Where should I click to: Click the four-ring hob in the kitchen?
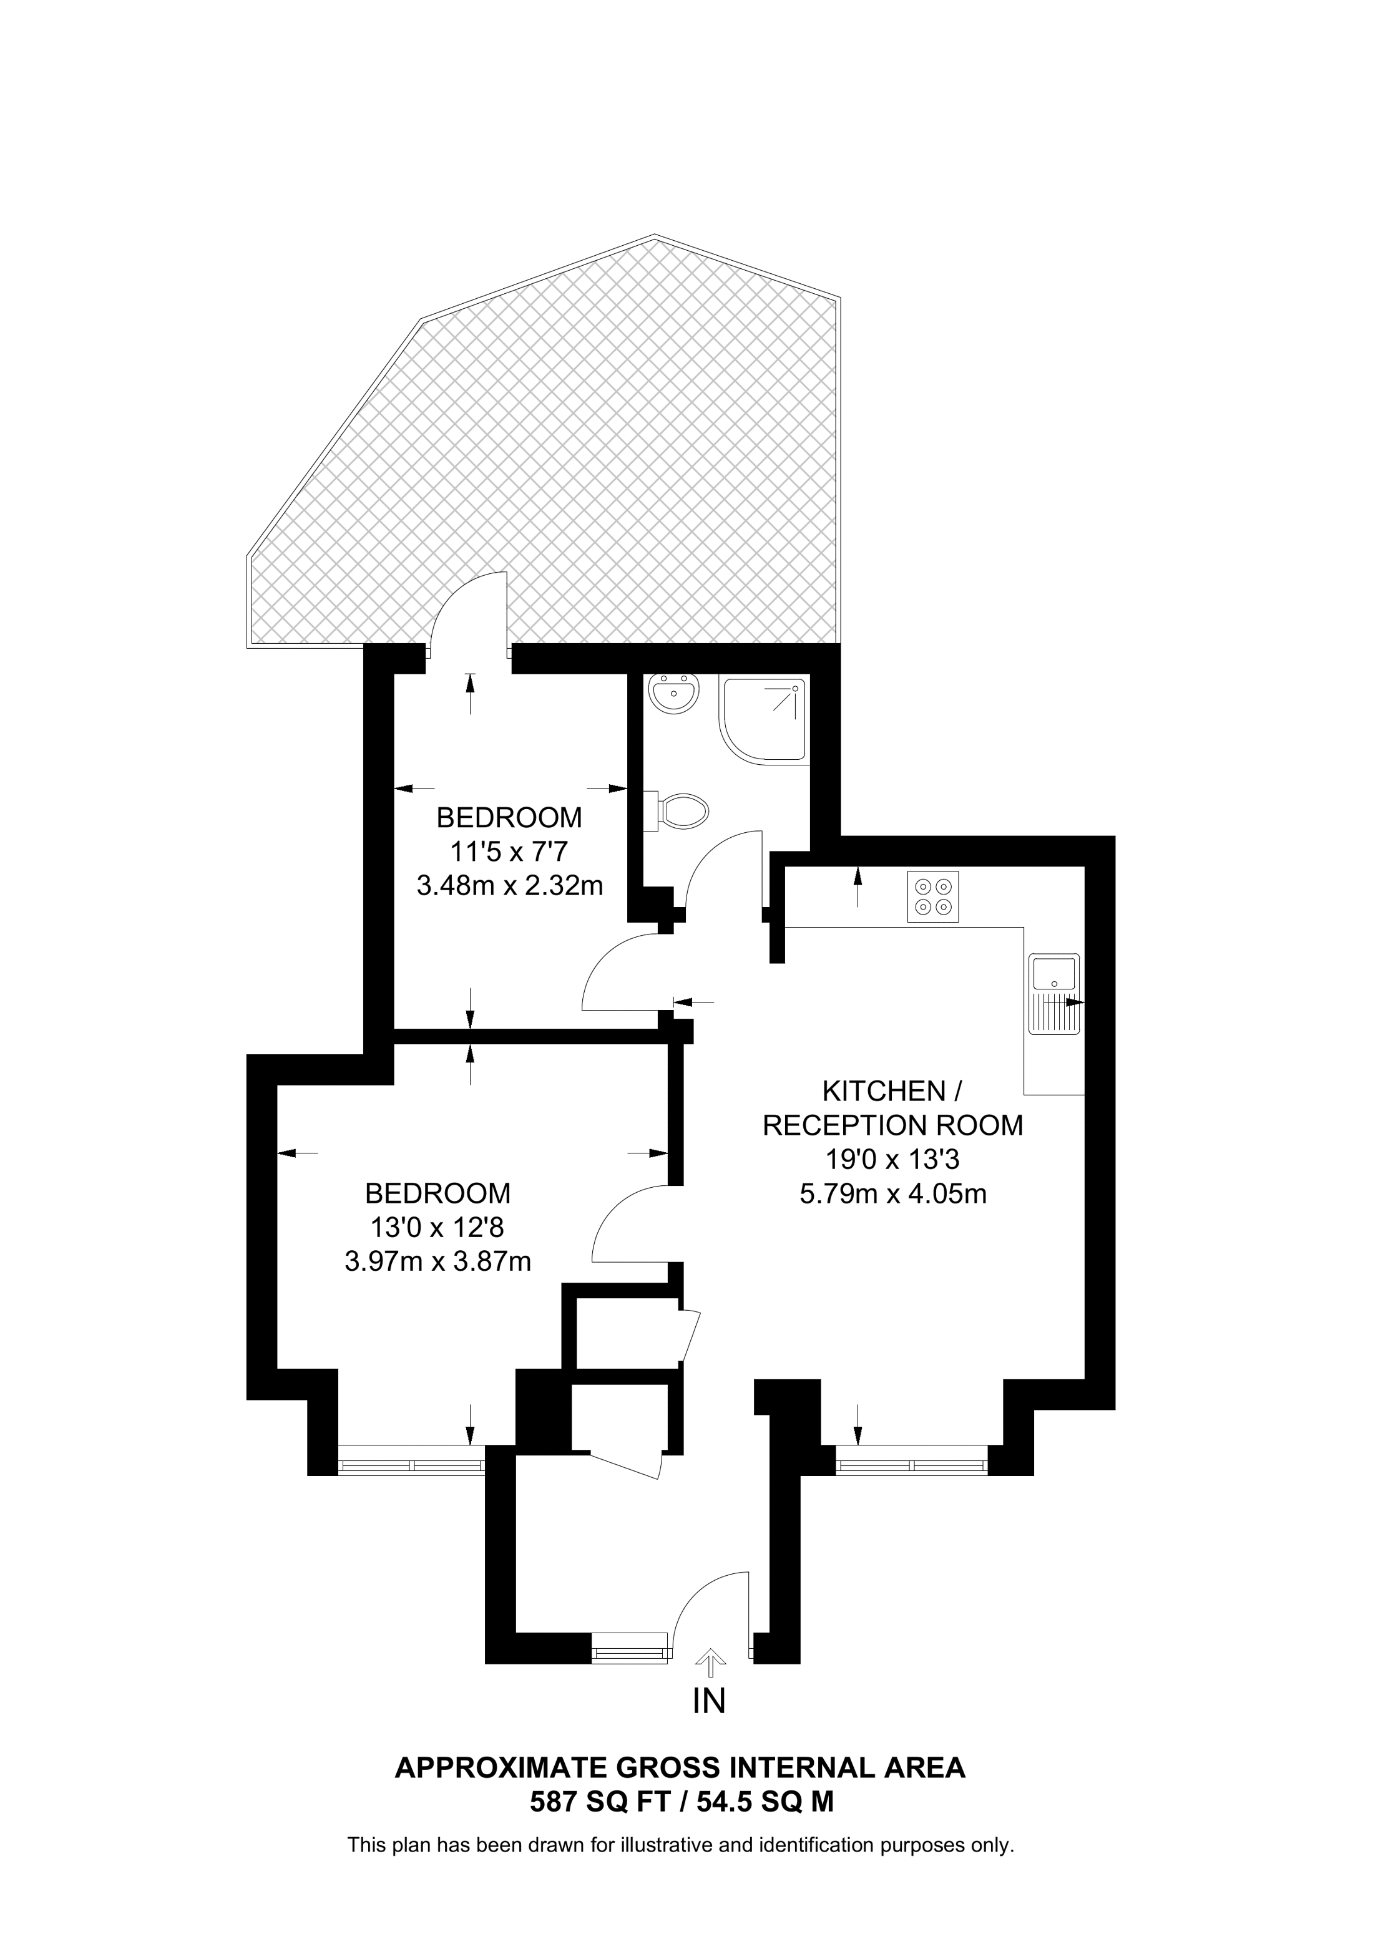point(933,896)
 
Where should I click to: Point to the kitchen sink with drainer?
point(1054,994)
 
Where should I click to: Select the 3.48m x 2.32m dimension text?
point(509,886)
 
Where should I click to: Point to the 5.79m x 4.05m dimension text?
point(892,1193)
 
